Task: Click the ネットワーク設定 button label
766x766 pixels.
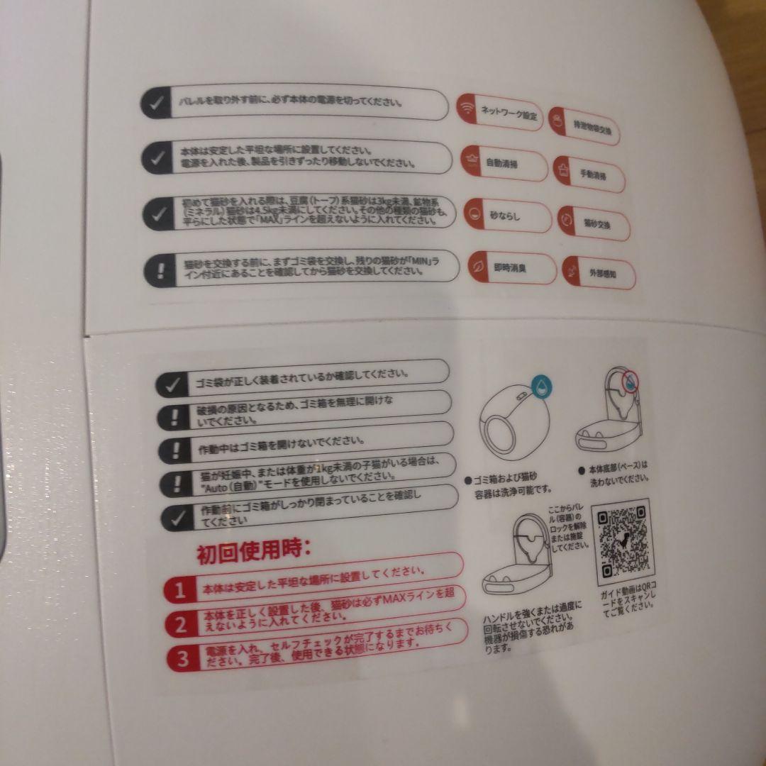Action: coord(509,112)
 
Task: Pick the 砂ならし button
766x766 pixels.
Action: coord(506,215)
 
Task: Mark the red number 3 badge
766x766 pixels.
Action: coord(183,660)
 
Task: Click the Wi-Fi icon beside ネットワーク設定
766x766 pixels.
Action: coord(467,108)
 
